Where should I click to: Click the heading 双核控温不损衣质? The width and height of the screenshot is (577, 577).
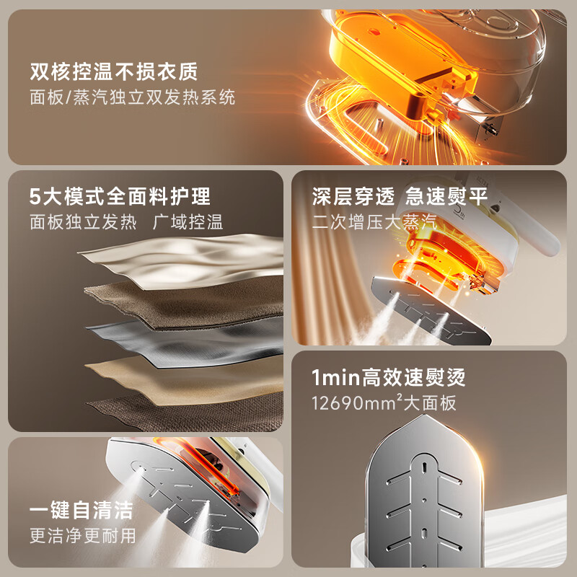[114, 72]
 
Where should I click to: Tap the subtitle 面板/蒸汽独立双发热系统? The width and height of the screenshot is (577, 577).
[133, 97]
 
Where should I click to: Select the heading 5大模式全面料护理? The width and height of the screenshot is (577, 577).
[120, 196]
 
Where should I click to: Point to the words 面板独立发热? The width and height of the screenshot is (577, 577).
[83, 221]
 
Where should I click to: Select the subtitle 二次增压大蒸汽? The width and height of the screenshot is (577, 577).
[374, 221]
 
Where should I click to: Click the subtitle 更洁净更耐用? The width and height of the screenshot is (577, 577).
[82, 535]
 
